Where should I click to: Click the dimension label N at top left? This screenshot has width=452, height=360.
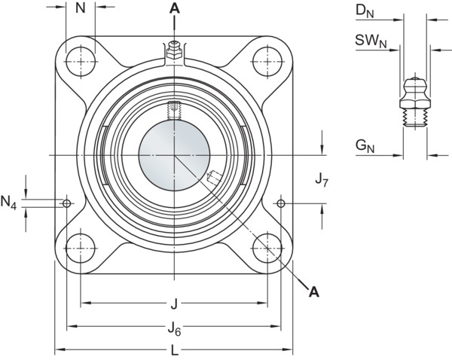click(81, 8)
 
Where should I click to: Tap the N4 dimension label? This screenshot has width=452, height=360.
click(8, 202)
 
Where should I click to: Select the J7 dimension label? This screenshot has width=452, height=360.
click(322, 181)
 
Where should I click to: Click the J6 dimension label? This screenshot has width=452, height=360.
click(175, 329)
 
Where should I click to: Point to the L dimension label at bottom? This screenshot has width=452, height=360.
click(175, 351)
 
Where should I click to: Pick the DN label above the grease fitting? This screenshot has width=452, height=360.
click(365, 11)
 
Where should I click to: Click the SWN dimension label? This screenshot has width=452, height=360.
click(371, 41)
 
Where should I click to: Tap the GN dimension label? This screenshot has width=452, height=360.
click(365, 146)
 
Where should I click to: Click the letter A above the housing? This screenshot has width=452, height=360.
click(175, 8)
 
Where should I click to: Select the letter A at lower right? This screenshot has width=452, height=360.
click(314, 292)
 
